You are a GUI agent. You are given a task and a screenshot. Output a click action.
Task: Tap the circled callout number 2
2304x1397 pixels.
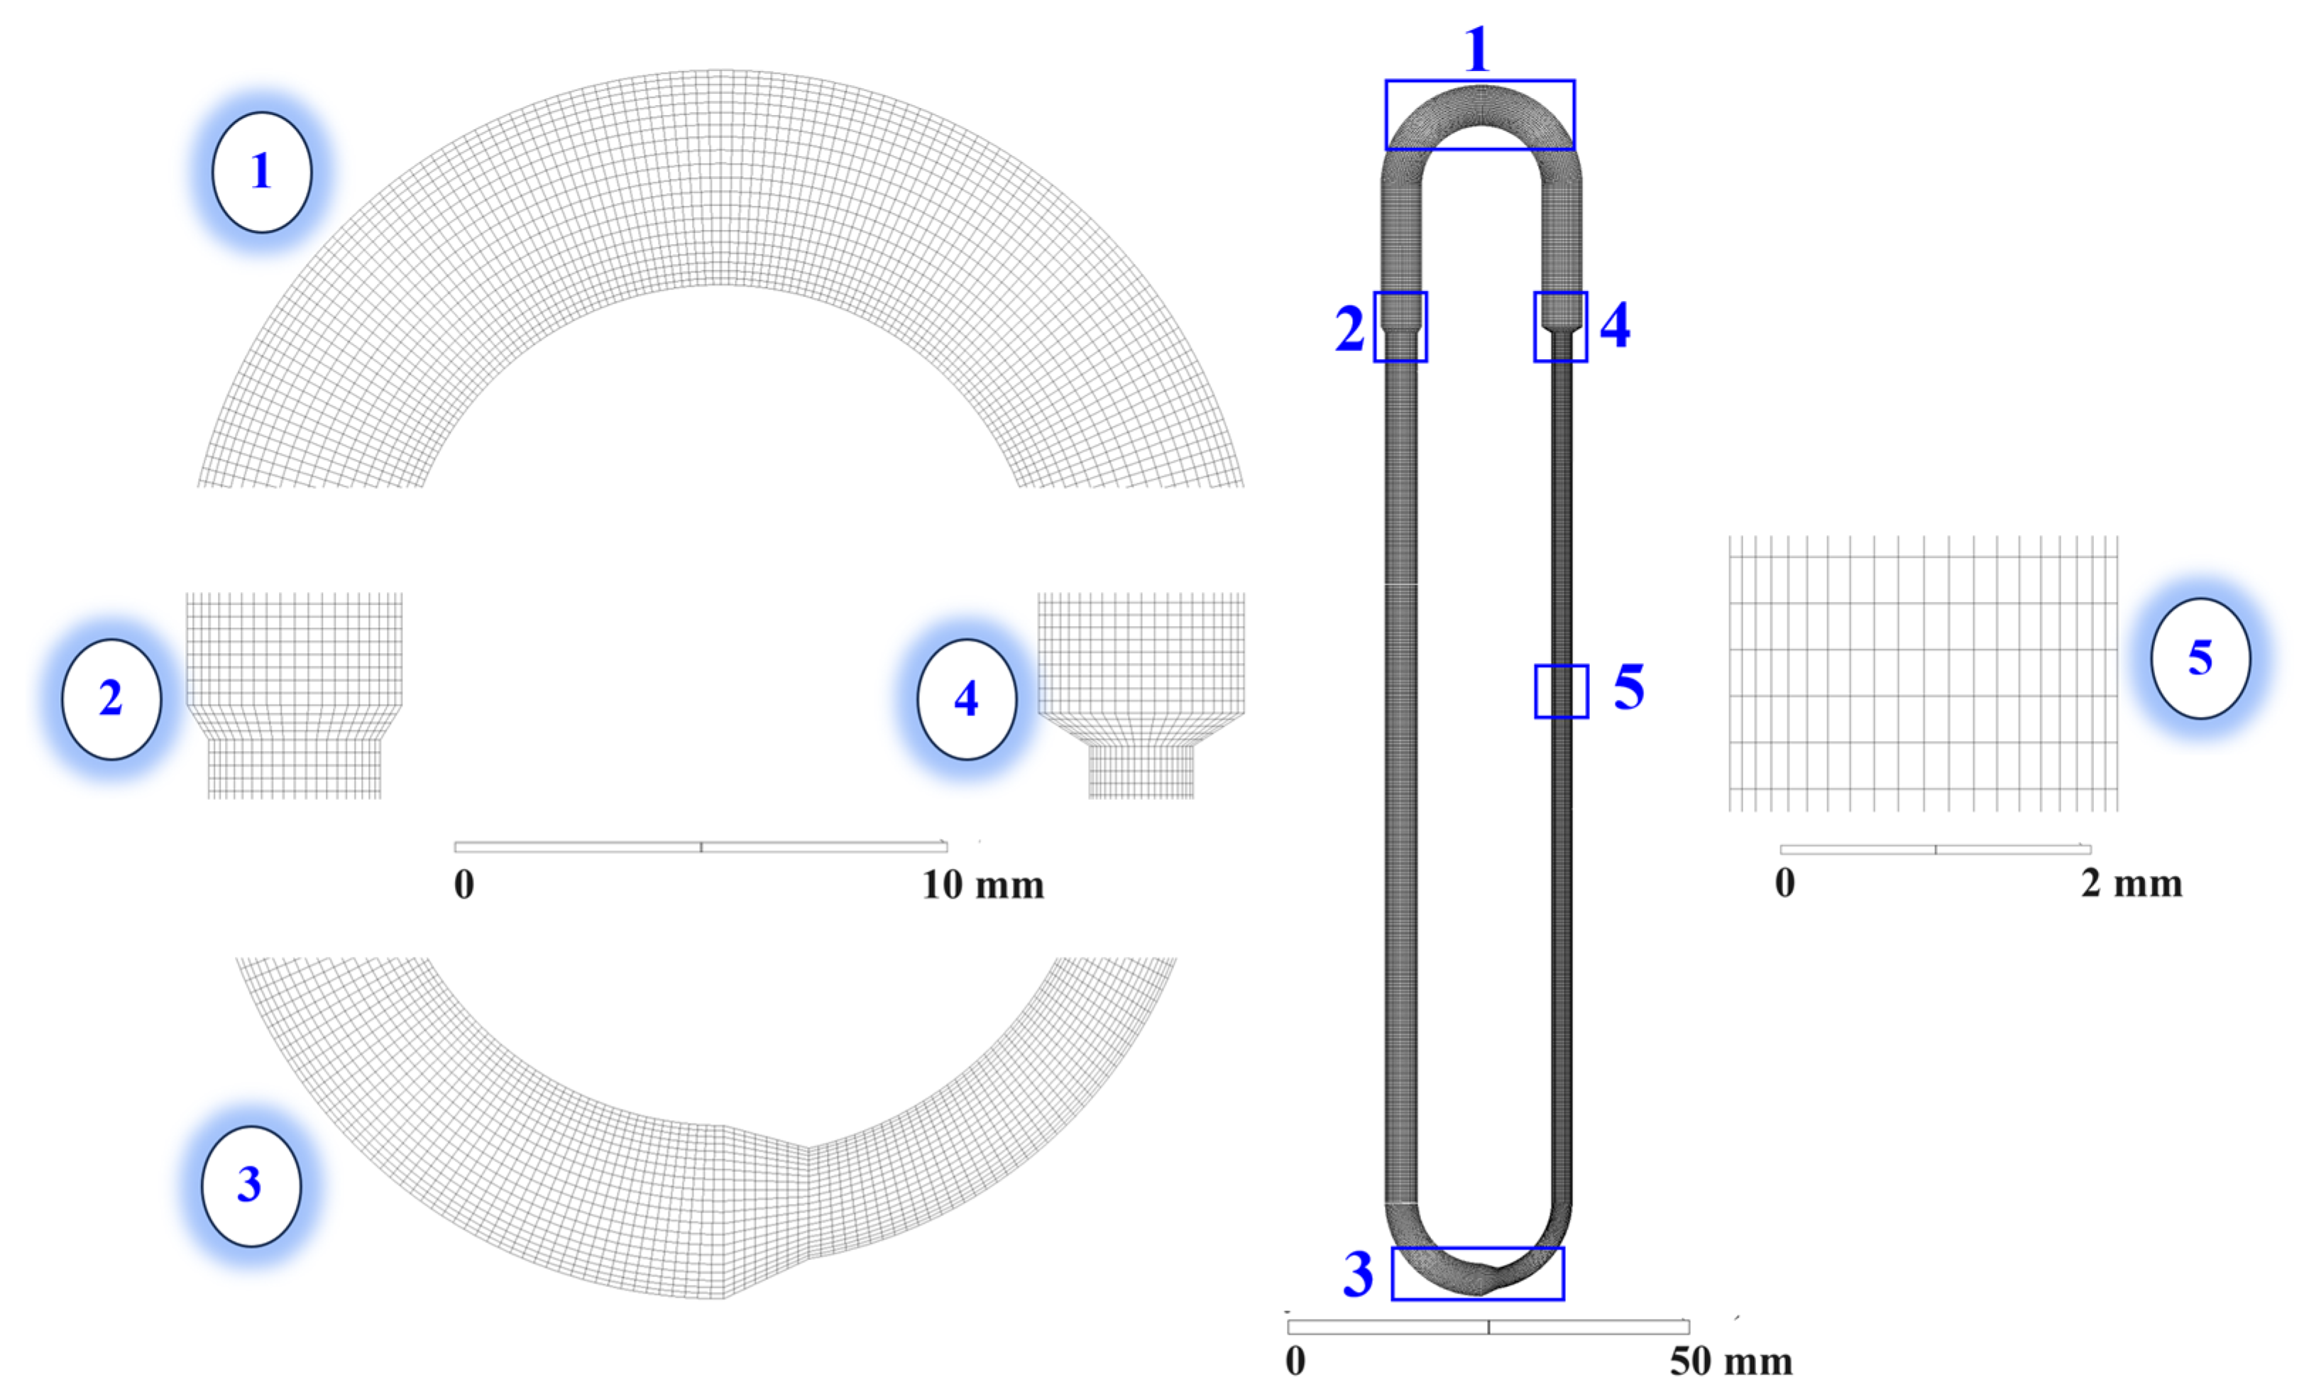click(111, 698)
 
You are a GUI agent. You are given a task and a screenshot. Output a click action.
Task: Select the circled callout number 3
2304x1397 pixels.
click(251, 1185)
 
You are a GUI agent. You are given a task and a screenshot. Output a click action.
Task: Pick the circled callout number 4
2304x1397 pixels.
click(967, 698)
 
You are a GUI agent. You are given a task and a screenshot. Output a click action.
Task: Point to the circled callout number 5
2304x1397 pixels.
click(2200, 658)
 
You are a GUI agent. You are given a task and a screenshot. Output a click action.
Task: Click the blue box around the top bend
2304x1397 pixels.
click(1480, 82)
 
